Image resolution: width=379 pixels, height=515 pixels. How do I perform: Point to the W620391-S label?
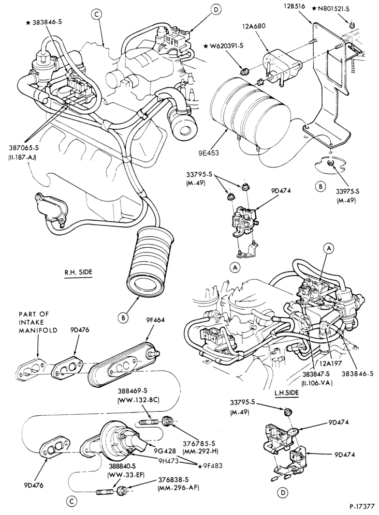[x=226, y=46]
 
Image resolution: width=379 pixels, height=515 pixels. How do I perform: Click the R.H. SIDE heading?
[x=78, y=272]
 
